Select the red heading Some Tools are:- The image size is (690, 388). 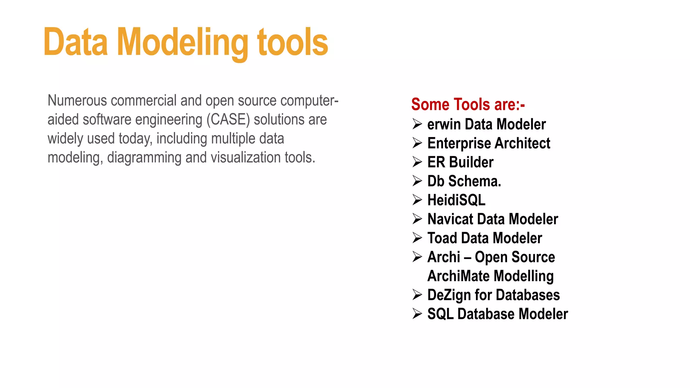click(468, 104)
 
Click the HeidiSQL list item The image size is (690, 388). click(456, 200)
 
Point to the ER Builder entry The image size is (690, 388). click(460, 162)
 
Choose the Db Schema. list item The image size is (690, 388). click(464, 181)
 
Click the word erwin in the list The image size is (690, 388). click(444, 125)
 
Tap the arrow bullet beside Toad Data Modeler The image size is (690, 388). click(417, 238)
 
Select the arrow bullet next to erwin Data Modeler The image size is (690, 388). click(417, 124)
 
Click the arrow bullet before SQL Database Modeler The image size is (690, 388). click(417, 314)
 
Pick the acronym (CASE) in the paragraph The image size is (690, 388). click(228, 120)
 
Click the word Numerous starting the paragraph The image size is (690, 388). click(77, 100)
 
